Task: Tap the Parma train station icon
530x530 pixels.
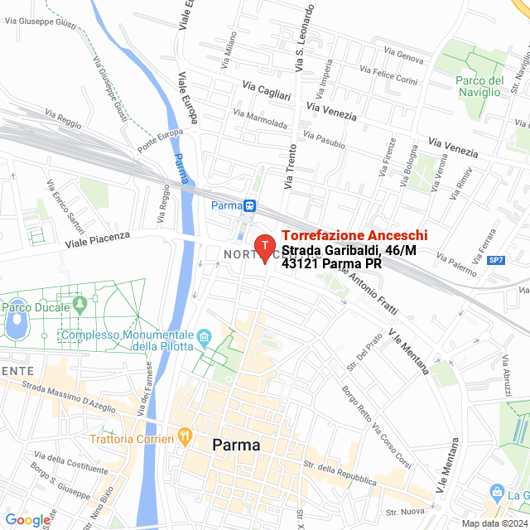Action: pyautogui.click(x=249, y=205)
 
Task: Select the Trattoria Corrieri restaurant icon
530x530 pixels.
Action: pyautogui.click(x=185, y=436)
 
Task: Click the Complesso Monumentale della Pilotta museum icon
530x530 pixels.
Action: pyautogui.click(x=205, y=336)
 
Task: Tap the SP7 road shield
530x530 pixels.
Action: pyautogui.click(x=496, y=260)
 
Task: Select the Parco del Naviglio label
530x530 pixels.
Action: pyautogui.click(x=479, y=86)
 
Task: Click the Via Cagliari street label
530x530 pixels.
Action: pyautogui.click(x=267, y=90)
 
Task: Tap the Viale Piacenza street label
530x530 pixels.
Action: pyautogui.click(x=99, y=239)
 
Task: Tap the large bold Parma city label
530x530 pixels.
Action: pyautogui.click(x=236, y=445)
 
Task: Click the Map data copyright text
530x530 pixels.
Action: pyautogui.click(x=494, y=523)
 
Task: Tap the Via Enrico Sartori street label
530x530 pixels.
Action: pyautogui.click(x=65, y=205)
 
